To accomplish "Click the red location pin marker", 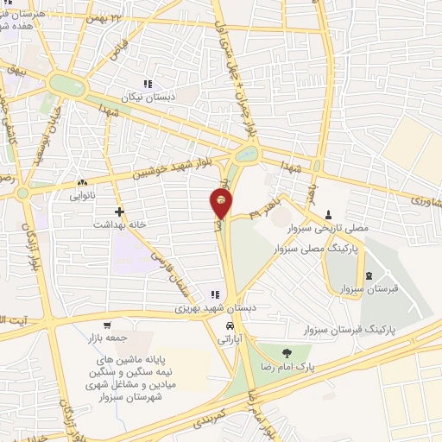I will point(221,203).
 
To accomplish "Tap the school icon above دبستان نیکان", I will point(148,85).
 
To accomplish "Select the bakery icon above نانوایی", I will point(83,183).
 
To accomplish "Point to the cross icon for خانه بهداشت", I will point(119,211).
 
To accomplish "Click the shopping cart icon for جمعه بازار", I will point(106,326).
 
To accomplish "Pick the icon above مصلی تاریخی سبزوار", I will point(328,216).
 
